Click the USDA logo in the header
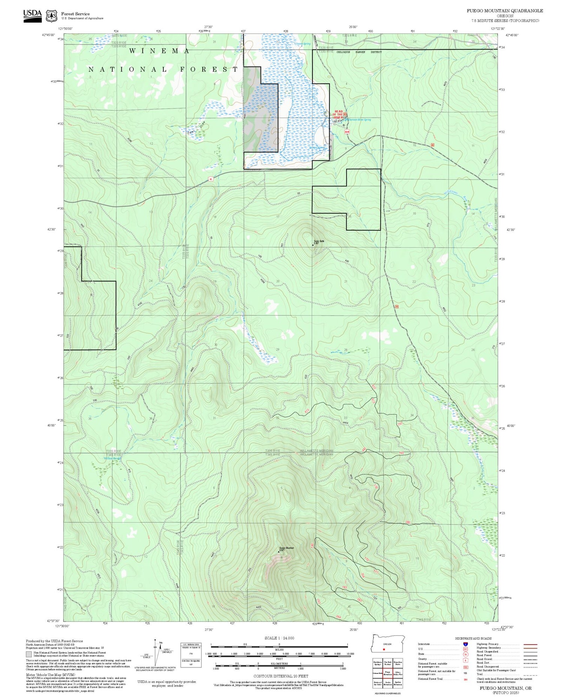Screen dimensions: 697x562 click(32, 15)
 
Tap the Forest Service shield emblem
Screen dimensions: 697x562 click(51, 16)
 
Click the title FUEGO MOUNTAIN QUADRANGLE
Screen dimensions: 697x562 click(505, 11)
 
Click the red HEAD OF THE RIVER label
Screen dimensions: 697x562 click(338, 114)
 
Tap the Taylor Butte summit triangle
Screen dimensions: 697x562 click(313, 245)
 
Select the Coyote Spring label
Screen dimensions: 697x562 click(303, 44)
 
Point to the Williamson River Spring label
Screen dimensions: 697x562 click(358, 120)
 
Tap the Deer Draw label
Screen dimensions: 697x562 click(197, 129)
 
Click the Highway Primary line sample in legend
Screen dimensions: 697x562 click(529, 645)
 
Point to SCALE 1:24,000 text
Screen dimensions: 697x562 click(279, 638)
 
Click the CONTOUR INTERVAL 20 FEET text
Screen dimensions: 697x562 click(281, 676)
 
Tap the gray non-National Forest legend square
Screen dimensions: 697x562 click(29, 654)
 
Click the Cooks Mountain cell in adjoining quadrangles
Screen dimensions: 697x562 click(387, 682)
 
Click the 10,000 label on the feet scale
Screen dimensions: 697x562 click(350, 654)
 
